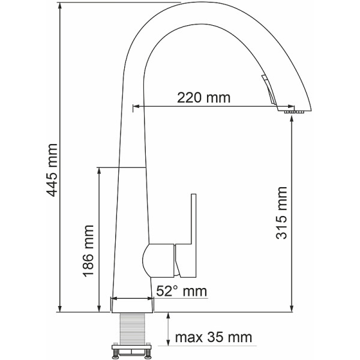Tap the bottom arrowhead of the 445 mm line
point(61,308)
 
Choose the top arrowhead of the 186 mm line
point(99,171)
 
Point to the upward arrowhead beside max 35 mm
point(169,318)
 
